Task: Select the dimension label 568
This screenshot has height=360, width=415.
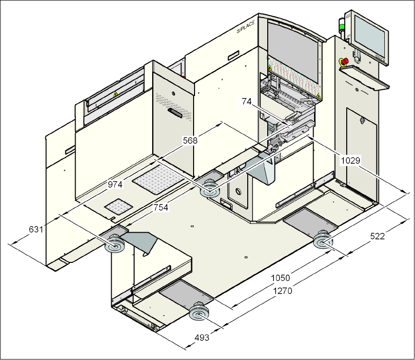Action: click(x=190, y=140)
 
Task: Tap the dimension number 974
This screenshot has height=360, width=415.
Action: click(x=115, y=184)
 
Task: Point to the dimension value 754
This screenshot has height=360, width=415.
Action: click(x=161, y=207)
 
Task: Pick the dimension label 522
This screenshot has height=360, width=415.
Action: click(x=378, y=237)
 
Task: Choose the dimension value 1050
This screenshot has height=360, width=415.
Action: click(x=281, y=278)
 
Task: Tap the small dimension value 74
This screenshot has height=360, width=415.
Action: click(x=247, y=101)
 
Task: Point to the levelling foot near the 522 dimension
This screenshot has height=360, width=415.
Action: click(x=323, y=241)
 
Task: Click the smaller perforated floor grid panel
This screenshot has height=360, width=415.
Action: click(x=119, y=206)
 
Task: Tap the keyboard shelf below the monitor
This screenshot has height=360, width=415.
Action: click(x=365, y=78)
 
